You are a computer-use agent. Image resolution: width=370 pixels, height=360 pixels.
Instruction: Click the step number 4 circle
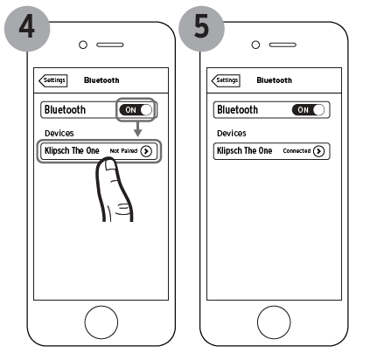[x=27, y=29]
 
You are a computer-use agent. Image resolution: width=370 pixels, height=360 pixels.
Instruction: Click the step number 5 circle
[x=201, y=29]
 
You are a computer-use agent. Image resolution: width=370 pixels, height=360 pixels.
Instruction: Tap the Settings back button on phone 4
[x=53, y=80]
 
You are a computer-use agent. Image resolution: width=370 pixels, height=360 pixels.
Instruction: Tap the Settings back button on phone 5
[x=226, y=80]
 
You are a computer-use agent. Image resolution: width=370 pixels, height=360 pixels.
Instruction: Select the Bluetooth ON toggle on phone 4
[x=136, y=110]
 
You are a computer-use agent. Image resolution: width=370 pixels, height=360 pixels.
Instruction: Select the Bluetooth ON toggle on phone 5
[x=308, y=110]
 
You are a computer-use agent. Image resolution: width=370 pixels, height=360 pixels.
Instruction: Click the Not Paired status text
[x=123, y=151]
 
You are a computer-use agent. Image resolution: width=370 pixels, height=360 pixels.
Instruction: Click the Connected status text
[x=297, y=151]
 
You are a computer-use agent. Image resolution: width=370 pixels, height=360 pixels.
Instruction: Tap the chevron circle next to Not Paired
[x=146, y=151]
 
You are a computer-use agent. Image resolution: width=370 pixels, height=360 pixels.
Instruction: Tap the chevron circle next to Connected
[x=318, y=151]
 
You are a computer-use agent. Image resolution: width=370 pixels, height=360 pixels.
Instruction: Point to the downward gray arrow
[x=138, y=129]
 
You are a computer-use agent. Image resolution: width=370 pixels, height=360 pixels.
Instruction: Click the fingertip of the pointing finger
[x=108, y=161]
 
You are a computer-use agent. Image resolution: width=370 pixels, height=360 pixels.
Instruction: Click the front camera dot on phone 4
[x=83, y=45]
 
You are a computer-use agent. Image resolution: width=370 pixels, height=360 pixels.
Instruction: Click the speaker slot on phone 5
[x=283, y=45]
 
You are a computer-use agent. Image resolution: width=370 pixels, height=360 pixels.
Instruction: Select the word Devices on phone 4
[x=59, y=134]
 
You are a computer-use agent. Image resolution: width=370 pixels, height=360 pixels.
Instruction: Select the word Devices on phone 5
[x=232, y=134]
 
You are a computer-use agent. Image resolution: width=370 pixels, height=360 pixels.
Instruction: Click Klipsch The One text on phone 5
[x=244, y=150]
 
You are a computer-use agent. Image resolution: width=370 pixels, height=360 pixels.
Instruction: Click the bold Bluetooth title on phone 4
[x=101, y=80]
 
